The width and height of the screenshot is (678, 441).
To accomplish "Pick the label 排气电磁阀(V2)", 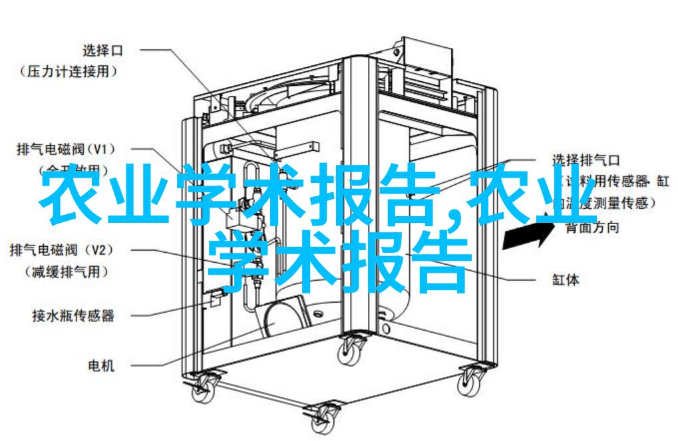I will [64, 250].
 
